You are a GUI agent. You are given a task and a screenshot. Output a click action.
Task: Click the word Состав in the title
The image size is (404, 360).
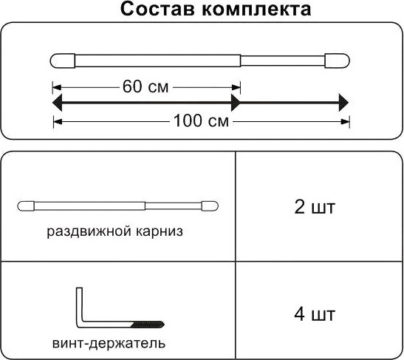[x=157, y=10]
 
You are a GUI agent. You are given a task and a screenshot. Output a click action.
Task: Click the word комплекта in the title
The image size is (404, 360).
[x=256, y=10]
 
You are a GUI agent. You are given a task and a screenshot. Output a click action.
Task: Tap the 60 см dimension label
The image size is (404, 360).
[x=145, y=86]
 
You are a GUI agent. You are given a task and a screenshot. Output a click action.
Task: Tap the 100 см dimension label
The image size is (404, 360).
[x=201, y=120]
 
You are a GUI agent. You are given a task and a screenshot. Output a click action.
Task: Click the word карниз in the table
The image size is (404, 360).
[x=159, y=231]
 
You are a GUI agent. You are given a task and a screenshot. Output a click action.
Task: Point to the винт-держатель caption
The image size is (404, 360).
[x=109, y=344]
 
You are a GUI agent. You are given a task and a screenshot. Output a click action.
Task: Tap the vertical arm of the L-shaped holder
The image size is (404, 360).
[x=79, y=305]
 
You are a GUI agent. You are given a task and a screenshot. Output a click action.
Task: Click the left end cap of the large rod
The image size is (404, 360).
[x=63, y=61]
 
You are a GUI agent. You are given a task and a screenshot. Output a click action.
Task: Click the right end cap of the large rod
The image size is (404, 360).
[x=337, y=61]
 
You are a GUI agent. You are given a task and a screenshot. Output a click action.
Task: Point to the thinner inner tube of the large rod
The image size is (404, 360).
[x=283, y=61]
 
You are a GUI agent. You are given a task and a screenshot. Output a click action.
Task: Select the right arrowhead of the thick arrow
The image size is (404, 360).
[x=343, y=103]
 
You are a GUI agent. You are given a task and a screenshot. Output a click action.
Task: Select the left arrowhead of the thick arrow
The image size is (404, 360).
[x=58, y=103]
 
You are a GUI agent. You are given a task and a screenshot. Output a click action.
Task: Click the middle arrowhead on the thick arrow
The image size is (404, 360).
[x=236, y=103]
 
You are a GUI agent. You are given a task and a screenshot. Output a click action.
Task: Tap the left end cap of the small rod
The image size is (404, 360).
[x=26, y=206]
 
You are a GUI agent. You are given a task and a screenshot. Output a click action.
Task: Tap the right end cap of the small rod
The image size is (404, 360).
[x=210, y=206]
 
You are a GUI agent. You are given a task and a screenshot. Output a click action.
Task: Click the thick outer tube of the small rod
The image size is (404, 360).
[x=89, y=206]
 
